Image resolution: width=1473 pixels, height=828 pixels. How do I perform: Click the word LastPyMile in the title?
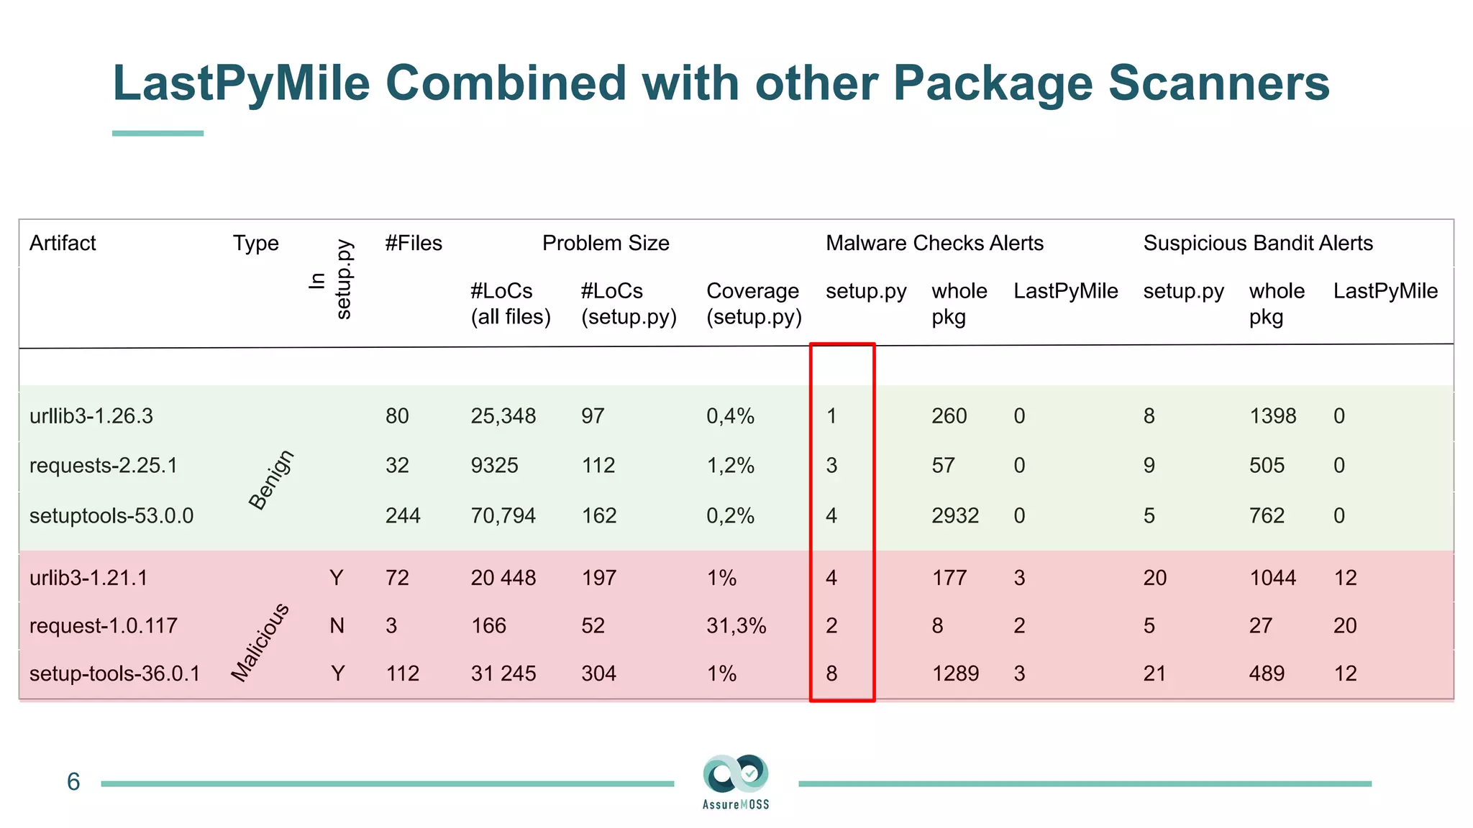click(x=241, y=83)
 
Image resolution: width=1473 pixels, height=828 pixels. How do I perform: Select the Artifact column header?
click(x=63, y=243)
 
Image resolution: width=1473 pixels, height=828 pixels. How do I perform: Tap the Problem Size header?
click(x=605, y=243)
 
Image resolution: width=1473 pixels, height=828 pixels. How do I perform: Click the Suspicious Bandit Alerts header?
click(x=1257, y=243)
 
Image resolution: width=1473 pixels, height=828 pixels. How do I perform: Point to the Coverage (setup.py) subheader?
click(x=753, y=303)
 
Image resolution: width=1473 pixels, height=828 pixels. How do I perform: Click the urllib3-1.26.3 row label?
click(x=91, y=416)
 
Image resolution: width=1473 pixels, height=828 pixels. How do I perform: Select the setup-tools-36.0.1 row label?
click(x=114, y=673)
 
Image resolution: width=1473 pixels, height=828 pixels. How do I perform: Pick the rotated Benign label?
click(x=271, y=479)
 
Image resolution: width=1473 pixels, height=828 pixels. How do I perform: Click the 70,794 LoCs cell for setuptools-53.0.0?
click(x=503, y=515)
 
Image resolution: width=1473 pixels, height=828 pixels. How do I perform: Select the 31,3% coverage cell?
click(x=736, y=625)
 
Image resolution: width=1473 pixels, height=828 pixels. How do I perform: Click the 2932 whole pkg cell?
click(x=954, y=515)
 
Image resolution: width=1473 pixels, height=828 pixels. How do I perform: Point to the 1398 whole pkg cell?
click(x=1272, y=416)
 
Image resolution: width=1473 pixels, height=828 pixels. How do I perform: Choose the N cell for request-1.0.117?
click(x=337, y=625)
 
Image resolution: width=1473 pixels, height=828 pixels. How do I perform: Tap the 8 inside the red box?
click(x=831, y=673)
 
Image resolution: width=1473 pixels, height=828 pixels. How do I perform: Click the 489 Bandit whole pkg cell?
click(x=1266, y=673)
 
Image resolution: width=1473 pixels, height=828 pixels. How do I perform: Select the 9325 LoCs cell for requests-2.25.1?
click(x=494, y=466)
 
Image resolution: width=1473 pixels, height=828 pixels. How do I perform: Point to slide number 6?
click(x=73, y=782)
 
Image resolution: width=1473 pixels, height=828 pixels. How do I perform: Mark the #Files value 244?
click(x=402, y=515)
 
